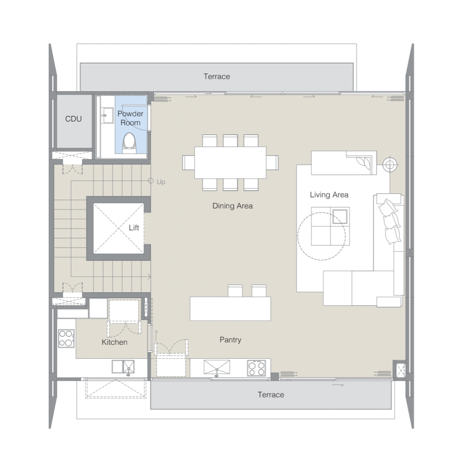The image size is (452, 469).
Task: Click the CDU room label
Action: coord(74,119)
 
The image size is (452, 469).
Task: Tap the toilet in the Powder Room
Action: coord(129,143)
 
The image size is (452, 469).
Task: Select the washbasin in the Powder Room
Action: coord(107,115)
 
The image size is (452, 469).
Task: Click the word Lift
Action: coord(134,227)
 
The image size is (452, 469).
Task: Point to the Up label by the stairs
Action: coord(161,182)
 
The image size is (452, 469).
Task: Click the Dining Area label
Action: coord(233,206)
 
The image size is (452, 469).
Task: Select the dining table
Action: coord(231,162)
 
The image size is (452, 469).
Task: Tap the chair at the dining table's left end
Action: coord(188,163)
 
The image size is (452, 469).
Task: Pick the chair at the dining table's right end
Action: coord(272,163)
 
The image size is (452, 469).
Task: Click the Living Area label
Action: coord(329,195)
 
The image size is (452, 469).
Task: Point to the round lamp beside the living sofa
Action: coord(390,165)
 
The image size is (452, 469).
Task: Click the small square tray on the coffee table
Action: coord(340,216)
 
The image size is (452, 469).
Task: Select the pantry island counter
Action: coord(231,309)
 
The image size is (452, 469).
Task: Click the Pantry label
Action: coord(230,340)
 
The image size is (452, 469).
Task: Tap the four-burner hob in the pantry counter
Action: coord(256,368)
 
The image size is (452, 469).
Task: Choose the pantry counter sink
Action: coord(217,367)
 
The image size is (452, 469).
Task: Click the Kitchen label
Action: coord(114,342)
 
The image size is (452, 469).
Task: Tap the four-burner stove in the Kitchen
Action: coord(66,338)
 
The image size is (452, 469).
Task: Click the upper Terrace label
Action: coord(217,76)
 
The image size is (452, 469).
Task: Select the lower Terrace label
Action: coord(271,395)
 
